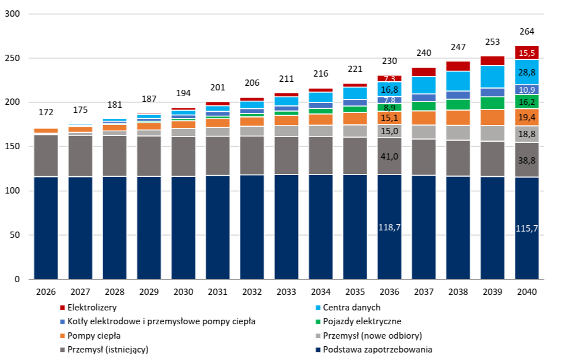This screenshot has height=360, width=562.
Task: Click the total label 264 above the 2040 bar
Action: (x=527, y=32)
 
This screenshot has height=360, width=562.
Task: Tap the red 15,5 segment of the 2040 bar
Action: (x=527, y=53)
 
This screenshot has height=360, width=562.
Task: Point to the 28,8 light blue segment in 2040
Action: (x=527, y=73)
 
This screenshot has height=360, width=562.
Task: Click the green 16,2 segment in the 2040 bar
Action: (x=527, y=102)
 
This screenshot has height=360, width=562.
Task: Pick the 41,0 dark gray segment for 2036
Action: (x=389, y=156)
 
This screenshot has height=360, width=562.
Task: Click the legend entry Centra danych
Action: (x=351, y=308)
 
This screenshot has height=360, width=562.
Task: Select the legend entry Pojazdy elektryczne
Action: (x=361, y=321)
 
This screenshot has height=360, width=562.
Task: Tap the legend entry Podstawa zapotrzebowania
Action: (x=377, y=350)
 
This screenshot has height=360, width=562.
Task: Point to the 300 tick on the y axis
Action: (x=12, y=14)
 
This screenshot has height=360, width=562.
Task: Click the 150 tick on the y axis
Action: (x=12, y=147)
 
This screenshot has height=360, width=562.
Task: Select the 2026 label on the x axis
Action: (x=46, y=292)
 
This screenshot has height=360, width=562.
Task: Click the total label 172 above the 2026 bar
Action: (x=46, y=112)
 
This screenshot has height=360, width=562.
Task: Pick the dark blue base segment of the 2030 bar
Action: (x=183, y=228)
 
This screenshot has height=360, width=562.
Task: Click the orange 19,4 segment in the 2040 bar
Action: (x=527, y=118)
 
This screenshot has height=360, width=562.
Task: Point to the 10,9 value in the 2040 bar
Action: (x=527, y=90)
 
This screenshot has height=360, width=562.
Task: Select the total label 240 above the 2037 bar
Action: (x=424, y=53)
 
